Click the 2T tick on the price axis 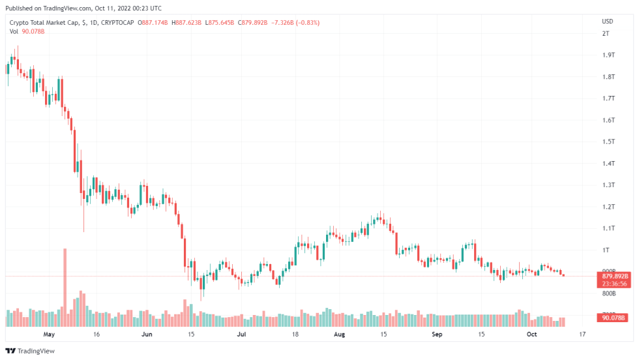[606, 33]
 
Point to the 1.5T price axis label [608, 142]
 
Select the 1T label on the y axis [606, 250]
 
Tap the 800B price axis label [609, 293]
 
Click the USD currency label [607, 22]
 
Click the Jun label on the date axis [147, 334]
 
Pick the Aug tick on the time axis [338, 334]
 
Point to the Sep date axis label [436, 334]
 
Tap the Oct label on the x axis [532, 334]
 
